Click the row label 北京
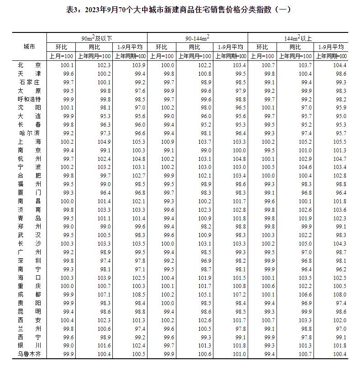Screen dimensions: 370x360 pyautogui.click(x=29, y=65)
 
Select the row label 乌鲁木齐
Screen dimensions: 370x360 pyautogui.click(x=29, y=353)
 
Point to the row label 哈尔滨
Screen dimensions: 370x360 pyautogui.click(x=29, y=133)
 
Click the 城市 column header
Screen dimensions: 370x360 pyautogui.click(x=29, y=46)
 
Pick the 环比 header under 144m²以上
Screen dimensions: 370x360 pyautogui.click(x=262, y=47)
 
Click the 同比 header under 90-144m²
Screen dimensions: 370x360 pyautogui.click(x=194, y=47)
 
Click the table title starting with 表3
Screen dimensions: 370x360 pyautogui.click(x=180, y=9)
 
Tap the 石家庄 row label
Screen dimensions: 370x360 pyautogui.click(x=29, y=82)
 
